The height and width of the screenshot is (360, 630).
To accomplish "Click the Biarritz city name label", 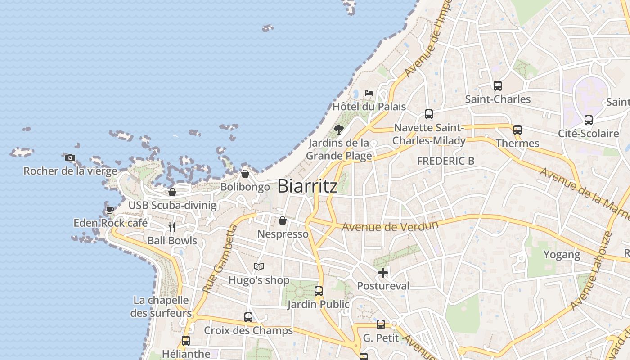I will click(307, 186).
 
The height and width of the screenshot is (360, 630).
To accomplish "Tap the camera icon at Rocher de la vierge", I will click(70, 157).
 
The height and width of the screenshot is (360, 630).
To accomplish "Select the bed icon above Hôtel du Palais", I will click(369, 93).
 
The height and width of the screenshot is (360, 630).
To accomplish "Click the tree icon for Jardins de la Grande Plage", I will click(339, 130).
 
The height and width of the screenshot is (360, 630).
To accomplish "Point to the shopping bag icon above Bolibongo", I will click(245, 173).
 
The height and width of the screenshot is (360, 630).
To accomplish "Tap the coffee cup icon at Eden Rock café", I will click(110, 210).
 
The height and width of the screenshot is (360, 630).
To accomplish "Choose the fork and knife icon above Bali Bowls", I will click(172, 227).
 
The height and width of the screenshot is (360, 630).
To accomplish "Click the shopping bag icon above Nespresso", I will click(283, 220).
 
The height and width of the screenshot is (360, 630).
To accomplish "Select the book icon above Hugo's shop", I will click(259, 267).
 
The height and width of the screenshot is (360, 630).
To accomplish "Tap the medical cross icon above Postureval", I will click(383, 272).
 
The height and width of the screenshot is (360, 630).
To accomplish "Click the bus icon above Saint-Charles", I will click(498, 85).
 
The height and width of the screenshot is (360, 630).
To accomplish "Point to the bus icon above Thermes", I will click(517, 130).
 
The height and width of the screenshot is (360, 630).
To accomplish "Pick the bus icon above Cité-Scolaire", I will click(589, 120).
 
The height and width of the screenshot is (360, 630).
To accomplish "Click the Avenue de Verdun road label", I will click(390, 226).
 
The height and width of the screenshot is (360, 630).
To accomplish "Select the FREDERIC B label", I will click(445, 161).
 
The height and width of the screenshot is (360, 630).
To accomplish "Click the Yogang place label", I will click(562, 255).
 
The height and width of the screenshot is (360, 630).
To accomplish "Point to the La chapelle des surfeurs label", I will click(161, 306).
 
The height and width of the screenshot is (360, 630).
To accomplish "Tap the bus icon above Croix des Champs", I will click(248, 317).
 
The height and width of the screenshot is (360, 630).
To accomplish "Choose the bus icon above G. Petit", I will click(381, 324).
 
